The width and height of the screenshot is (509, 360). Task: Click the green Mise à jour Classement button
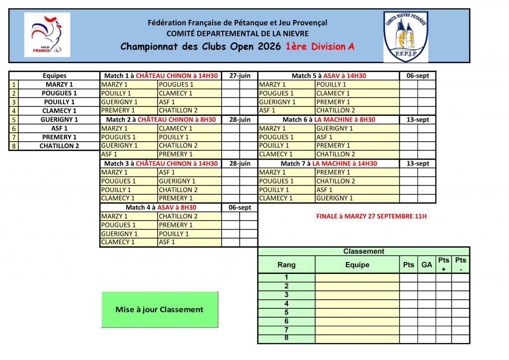[160, 309]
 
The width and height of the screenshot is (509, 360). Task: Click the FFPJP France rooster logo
[47, 35]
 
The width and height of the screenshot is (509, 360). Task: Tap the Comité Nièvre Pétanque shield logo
[405, 37]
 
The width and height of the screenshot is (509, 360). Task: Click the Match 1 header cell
[161, 76]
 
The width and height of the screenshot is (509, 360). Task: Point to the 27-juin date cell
[240, 76]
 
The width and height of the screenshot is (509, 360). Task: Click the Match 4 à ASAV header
[161, 207]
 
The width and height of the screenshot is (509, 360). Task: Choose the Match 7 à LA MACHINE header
[329, 164]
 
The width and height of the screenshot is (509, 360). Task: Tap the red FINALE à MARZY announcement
[371, 216]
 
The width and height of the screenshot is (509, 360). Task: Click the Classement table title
[363, 252]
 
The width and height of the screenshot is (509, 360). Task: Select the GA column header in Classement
[426, 265]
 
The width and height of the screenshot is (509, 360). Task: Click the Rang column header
[286, 265]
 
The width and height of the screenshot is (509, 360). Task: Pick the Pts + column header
[443, 265]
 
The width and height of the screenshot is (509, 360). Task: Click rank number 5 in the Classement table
[286, 312]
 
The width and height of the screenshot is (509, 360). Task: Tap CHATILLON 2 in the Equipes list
[59, 146]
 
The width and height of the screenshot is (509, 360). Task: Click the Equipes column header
[55, 76]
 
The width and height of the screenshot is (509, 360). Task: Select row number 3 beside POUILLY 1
[14, 102]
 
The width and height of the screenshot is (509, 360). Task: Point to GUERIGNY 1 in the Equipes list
[59, 120]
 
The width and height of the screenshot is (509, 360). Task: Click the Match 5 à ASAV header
[329, 76]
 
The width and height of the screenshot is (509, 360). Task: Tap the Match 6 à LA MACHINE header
[329, 120]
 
